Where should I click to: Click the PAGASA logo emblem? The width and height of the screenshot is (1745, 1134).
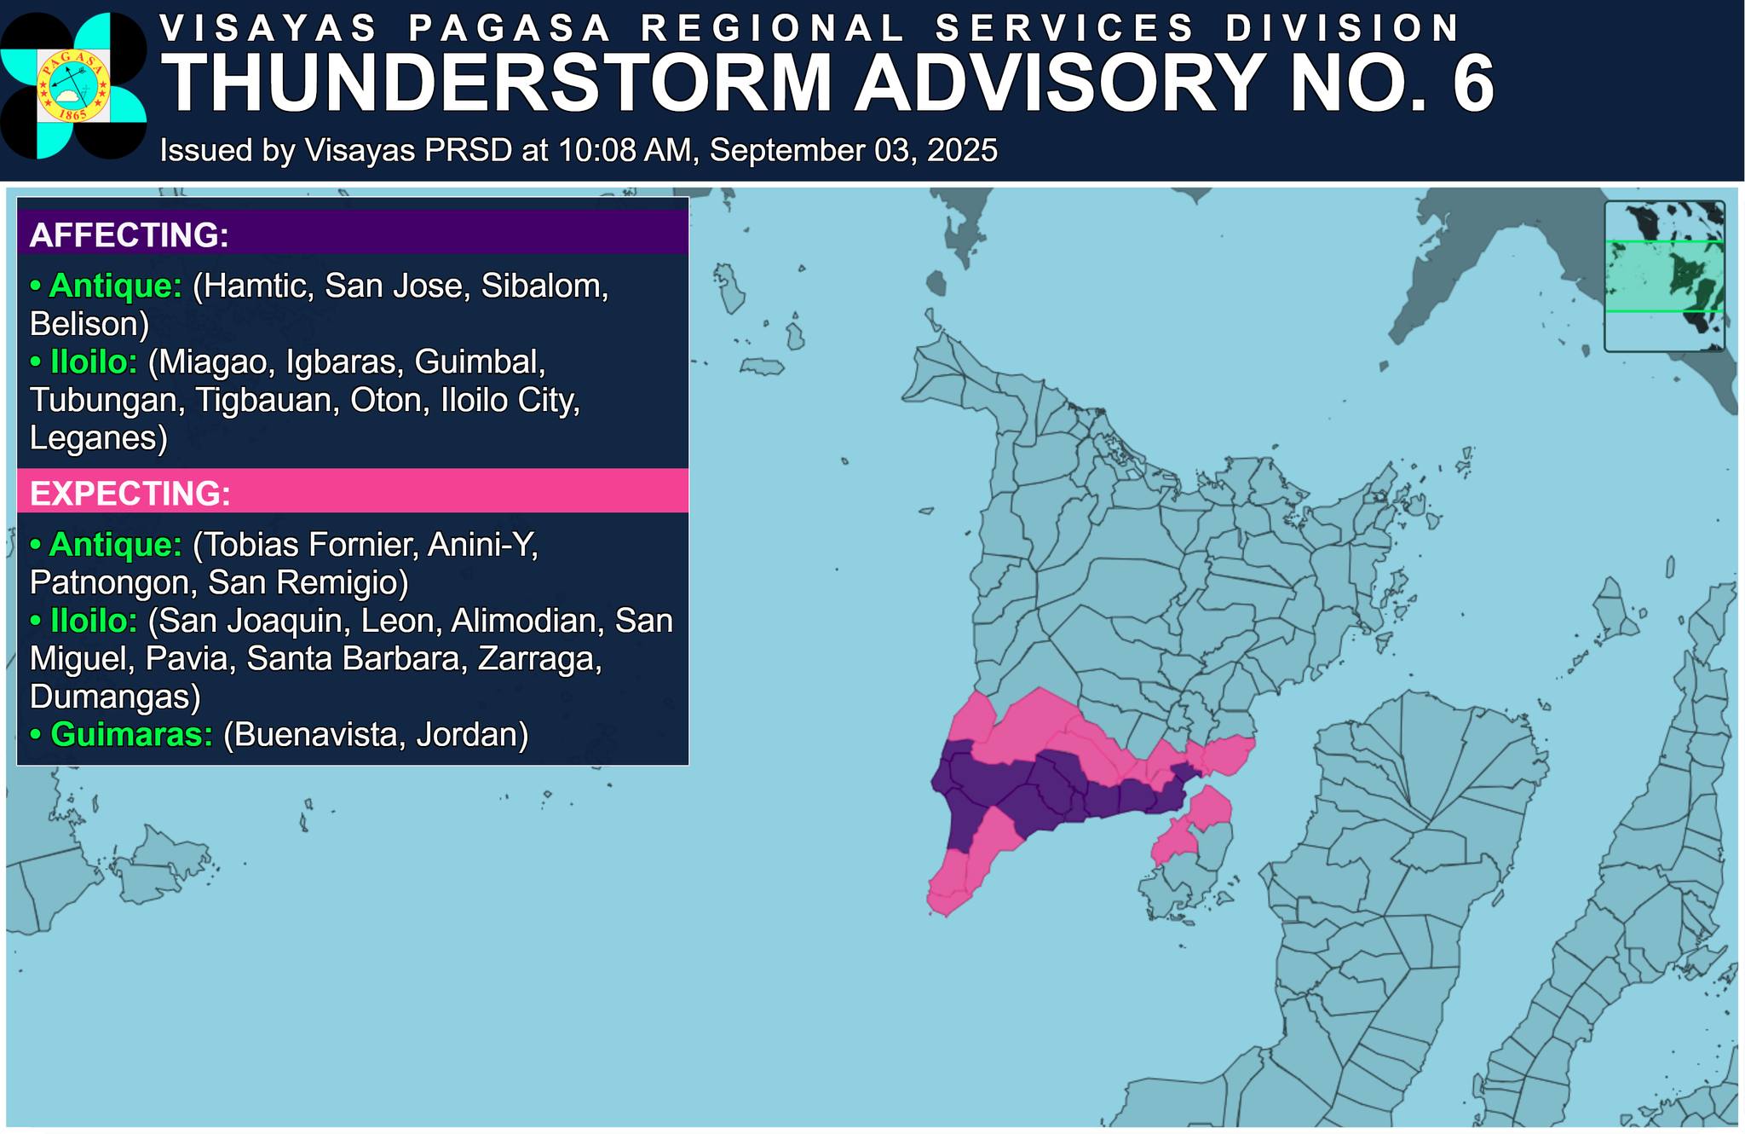(x=73, y=86)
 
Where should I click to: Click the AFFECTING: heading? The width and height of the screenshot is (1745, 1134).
(x=130, y=234)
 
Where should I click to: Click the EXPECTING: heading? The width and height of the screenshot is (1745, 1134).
(x=130, y=494)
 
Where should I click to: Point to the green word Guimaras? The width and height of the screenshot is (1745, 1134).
(x=131, y=734)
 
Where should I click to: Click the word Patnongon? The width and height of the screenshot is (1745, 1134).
(x=111, y=582)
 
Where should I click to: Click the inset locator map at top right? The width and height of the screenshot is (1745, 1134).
(x=1664, y=275)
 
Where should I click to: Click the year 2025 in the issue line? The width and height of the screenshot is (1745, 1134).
(x=962, y=151)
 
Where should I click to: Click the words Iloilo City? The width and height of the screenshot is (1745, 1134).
(x=510, y=400)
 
